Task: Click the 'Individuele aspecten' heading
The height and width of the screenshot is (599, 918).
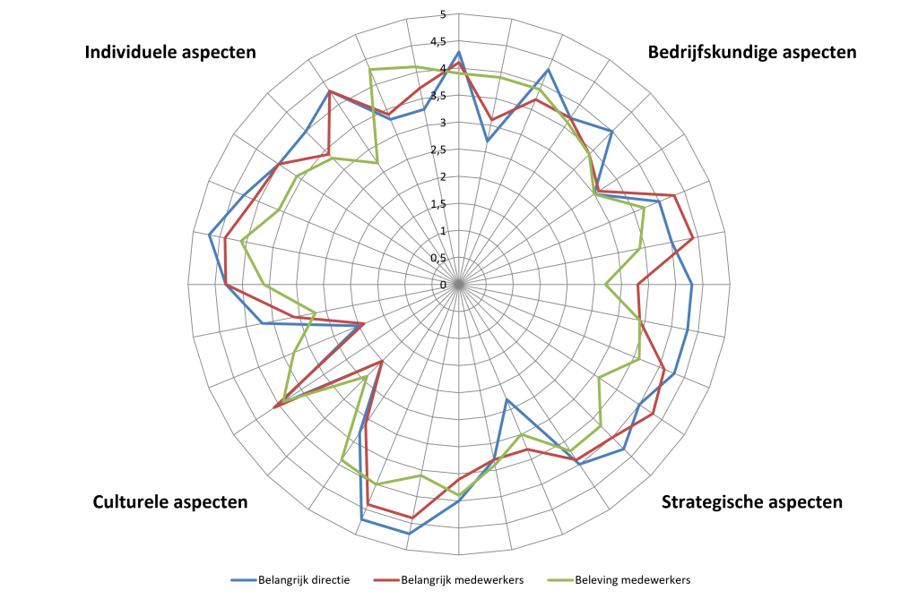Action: tap(170, 52)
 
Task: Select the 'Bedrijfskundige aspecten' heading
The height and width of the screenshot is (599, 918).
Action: tap(752, 52)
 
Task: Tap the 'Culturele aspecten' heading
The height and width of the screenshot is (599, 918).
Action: tap(170, 502)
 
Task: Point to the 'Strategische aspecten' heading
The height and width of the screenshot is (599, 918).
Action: tap(752, 502)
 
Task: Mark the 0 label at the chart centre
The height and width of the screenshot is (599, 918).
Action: tap(443, 285)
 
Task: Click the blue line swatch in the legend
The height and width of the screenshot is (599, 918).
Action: tap(244, 580)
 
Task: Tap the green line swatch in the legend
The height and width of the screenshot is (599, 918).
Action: tap(560, 580)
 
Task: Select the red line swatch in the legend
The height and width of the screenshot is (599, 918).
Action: tap(386, 580)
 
